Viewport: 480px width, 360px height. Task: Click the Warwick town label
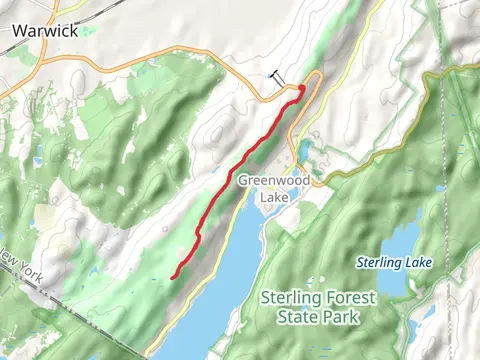coord(45,30)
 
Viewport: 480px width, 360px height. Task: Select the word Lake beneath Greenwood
coord(273,197)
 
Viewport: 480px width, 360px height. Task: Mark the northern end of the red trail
coord(301,90)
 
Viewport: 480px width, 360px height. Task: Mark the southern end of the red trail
coord(173,276)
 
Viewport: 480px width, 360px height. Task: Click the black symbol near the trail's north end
coord(276,76)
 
